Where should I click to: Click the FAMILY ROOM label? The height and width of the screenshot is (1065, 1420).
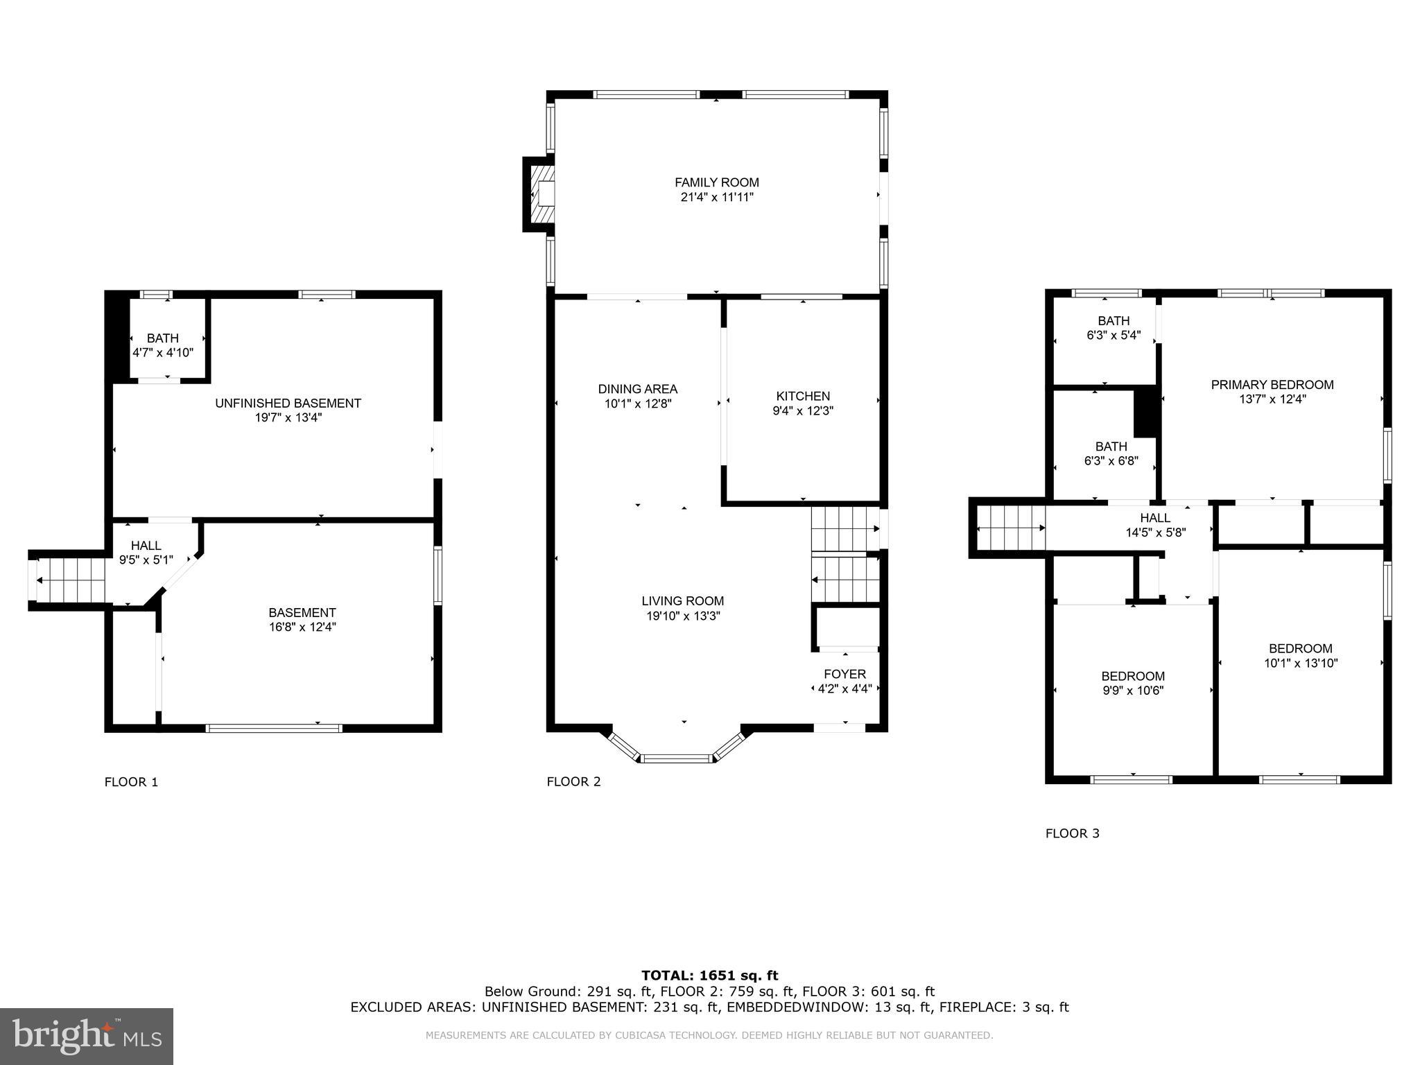click(716, 182)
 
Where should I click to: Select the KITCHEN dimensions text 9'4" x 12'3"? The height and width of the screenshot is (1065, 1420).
click(803, 410)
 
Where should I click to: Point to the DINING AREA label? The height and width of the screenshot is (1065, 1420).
click(637, 389)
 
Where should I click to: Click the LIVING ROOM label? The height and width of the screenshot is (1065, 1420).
click(682, 601)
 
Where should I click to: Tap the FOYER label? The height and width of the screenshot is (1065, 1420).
click(845, 674)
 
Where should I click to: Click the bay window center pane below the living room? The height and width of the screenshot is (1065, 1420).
click(677, 759)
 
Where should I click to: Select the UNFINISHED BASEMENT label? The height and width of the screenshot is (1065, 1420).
click(288, 403)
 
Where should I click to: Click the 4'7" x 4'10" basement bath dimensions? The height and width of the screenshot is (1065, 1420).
click(163, 352)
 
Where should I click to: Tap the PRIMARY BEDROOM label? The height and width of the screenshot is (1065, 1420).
click(1272, 385)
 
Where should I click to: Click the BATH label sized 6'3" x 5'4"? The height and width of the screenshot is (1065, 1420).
click(1113, 321)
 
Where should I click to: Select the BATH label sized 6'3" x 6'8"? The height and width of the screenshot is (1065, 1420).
click(1111, 447)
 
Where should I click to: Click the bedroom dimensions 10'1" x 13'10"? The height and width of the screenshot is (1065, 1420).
click(1300, 663)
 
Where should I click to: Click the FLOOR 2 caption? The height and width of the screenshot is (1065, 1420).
click(573, 781)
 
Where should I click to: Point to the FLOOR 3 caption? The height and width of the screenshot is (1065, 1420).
click(1072, 833)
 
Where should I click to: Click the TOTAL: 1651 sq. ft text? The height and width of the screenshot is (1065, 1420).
click(709, 976)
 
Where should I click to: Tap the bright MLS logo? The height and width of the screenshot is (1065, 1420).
click(87, 1036)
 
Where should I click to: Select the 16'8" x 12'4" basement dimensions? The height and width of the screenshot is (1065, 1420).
click(302, 627)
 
